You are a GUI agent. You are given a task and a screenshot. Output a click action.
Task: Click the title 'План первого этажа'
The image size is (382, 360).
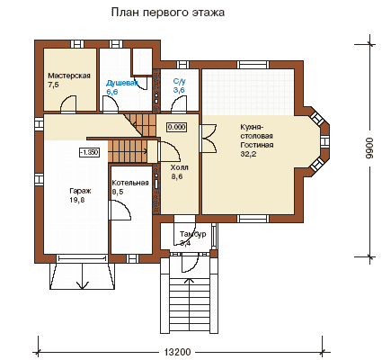[x=168, y=13]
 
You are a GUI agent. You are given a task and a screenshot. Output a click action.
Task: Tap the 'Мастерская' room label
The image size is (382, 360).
[x=69, y=76]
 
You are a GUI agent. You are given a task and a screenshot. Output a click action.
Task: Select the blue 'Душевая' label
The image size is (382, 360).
[x=122, y=83]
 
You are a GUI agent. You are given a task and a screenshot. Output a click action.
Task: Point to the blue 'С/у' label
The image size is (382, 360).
[x=179, y=81]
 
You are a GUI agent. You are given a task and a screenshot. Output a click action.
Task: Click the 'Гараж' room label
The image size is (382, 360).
[x=80, y=191]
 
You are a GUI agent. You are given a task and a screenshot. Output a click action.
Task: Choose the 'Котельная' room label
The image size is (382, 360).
[x=130, y=183]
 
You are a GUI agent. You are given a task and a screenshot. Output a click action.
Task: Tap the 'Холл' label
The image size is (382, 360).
[x=179, y=167]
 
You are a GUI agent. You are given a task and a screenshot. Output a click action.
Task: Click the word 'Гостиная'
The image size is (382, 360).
[x=257, y=145]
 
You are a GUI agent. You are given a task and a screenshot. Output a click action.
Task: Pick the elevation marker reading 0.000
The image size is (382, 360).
[x=176, y=127]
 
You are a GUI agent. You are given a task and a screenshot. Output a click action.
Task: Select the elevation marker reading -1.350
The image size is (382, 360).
[x=89, y=152]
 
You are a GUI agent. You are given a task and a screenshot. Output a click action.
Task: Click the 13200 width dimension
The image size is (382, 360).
[x=178, y=352]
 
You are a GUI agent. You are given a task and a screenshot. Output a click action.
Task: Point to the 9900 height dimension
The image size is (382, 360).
[x=370, y=148]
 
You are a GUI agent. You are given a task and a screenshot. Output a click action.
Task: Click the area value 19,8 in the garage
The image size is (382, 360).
[x=77, y=200]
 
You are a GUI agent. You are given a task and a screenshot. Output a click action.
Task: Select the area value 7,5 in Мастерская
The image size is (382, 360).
[x=53, y=85]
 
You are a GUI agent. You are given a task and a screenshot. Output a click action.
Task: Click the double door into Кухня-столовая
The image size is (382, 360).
[x=209, y=139]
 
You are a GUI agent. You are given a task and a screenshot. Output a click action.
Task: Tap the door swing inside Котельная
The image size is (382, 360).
[x=120, y=211]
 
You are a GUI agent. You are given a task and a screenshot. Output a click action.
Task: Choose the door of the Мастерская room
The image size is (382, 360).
[x=68, y=104]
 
